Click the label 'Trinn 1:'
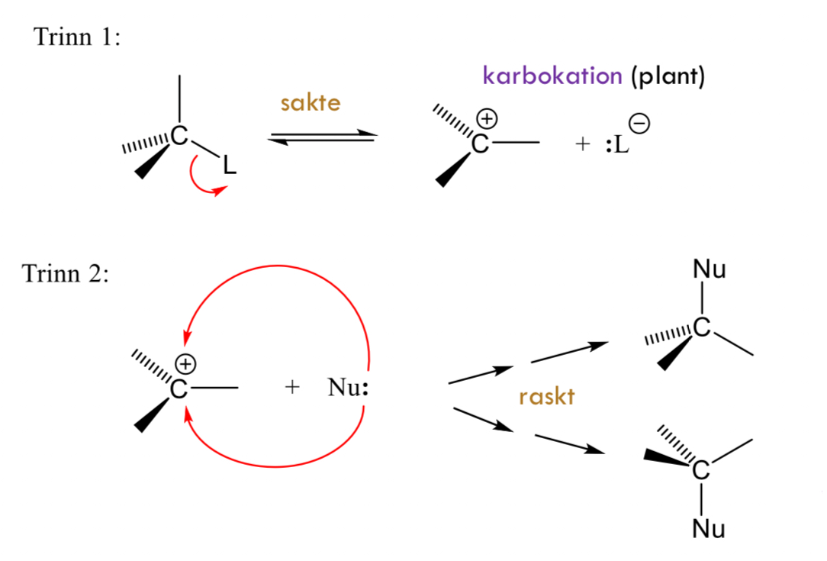tap(77, 37)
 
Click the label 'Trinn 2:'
tap(66, 273)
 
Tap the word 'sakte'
tap(310, 103)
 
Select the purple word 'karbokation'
tap(552, 76)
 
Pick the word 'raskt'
tap(545, 397)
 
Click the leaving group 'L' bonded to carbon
tap(229, 166)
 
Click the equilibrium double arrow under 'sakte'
tap(323, 138)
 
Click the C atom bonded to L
tap(179, 136)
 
